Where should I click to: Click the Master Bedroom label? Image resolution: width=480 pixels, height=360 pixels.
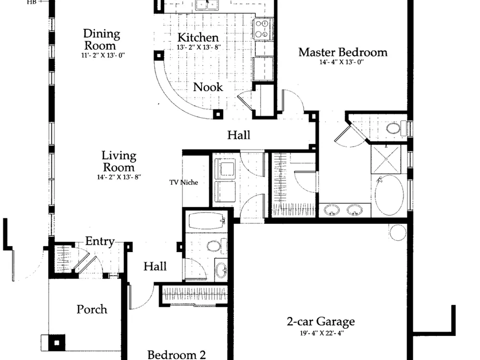(343, 52)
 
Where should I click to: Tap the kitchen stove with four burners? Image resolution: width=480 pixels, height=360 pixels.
(263, 29)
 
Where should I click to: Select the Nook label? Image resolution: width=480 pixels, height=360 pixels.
(208, 87)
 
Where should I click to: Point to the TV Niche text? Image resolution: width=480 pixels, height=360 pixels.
(184, 182)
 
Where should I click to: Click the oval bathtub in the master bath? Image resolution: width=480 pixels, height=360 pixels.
(389, 195)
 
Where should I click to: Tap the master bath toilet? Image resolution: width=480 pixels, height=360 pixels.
(396, 128)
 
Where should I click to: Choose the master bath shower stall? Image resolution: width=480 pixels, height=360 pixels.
(386, 159)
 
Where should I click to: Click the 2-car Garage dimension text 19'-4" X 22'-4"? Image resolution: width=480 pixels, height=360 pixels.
(322, 333)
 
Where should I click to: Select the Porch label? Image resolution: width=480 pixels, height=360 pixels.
(92, 309)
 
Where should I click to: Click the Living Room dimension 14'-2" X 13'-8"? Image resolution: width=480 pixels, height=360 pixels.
(119, 177)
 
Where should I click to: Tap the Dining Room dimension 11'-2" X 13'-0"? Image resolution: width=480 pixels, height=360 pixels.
(103, 55)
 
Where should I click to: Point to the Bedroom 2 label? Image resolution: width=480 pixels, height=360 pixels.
(177, 355)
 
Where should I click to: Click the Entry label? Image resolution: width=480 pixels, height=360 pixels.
(100, 241)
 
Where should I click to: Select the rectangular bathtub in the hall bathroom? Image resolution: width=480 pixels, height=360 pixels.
(206, 221)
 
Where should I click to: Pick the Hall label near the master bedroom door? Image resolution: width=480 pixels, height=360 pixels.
(239, 135)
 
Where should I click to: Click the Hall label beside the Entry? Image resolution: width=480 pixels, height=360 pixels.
(155, 266)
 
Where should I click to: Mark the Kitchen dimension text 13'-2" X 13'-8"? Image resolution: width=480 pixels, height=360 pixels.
(199, 48)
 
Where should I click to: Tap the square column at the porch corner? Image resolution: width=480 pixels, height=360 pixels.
(57, 343)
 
